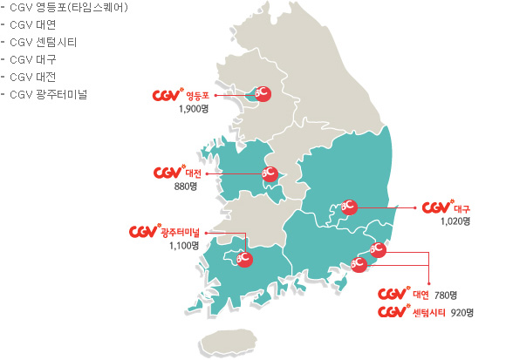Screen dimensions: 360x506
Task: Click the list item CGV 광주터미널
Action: tap(55, 93)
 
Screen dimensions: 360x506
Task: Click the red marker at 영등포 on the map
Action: tap(261, 93)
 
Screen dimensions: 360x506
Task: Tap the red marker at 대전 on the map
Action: tap(269, 173)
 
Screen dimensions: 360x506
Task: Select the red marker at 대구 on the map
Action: tap(348, 207)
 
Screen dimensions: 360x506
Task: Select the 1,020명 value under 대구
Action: tap(455, 221)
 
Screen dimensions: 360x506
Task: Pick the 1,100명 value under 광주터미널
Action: tap(184, 246)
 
